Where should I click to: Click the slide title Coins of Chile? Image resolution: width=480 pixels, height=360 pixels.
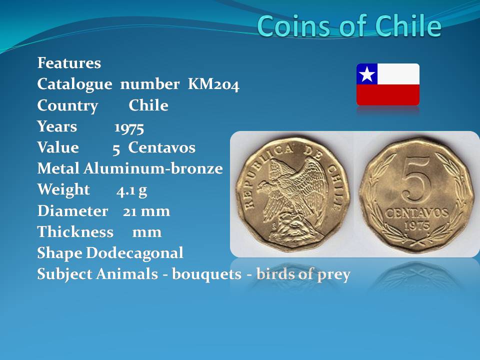[x=349, y=26]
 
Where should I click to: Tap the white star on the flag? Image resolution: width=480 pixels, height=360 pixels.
[x=366, y=74]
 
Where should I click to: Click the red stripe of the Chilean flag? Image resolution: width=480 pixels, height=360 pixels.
[x=388, y=95]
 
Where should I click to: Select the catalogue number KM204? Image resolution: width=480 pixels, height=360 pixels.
[x=213, y=84]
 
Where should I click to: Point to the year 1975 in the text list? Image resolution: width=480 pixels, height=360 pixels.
[x=129, y=127]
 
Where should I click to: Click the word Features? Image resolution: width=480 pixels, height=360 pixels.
[x=69, y=63]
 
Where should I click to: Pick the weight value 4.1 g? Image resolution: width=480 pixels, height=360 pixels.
[x=131, y=190]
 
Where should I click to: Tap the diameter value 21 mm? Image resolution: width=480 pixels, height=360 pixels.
[x=146, y=211]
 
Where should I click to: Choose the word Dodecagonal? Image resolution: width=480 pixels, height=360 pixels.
[x=134, y=253]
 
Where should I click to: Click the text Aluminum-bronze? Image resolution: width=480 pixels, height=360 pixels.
[x=153, y=168]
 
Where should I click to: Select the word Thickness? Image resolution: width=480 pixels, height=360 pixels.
[x=75, y=231]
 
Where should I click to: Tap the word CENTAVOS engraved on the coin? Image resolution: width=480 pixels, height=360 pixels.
[x=416, y=213]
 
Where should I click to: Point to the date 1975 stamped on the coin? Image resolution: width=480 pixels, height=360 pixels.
[x=416, y=226]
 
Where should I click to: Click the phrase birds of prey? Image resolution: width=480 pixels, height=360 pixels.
[x=303, y=274]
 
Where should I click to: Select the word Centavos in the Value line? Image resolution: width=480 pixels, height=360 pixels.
[x=161, y=147]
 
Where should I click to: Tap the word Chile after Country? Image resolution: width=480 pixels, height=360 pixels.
[x=148, y=105]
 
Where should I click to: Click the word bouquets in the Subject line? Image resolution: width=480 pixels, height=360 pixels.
[x=206, y=274]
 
